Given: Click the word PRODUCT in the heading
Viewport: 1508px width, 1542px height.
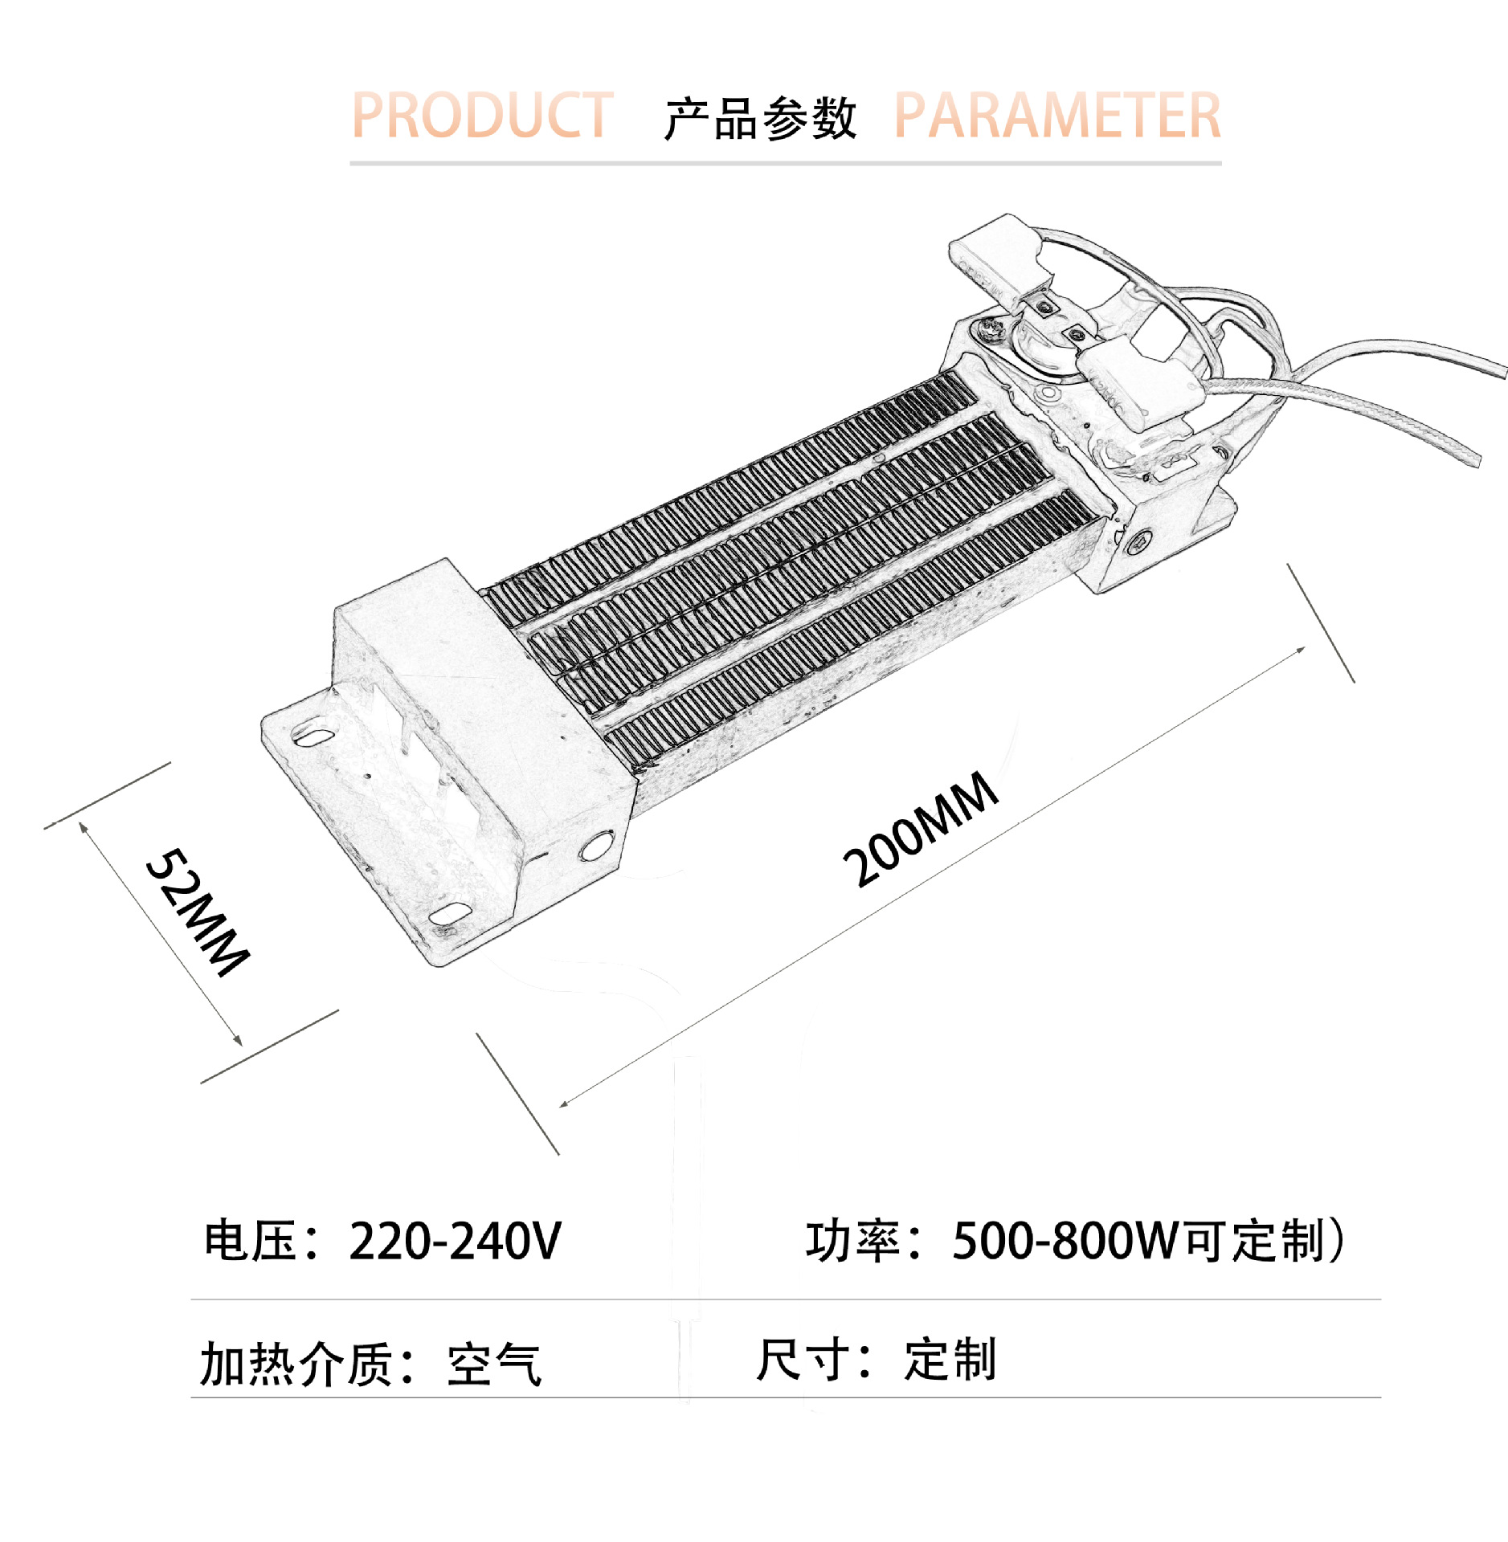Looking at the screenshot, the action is click(482, 116).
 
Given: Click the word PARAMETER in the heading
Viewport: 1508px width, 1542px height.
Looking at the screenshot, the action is click(1056, 116).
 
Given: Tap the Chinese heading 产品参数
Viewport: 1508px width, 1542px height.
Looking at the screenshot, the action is click(759, 119).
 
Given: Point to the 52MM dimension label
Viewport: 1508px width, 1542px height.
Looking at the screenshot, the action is click(198, 912).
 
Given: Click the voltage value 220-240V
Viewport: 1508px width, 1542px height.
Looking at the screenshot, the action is click(455, 1241).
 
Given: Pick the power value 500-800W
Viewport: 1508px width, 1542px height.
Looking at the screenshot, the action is click(1065, 1241).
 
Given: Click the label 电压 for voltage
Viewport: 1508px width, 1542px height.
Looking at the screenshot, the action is click(250, 1241).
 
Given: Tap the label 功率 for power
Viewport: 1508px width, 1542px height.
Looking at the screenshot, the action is click(852, 1241).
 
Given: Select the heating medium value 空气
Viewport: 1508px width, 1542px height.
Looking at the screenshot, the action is click(494, 1365).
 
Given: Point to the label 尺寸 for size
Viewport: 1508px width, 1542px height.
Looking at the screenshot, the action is click(803, 1360).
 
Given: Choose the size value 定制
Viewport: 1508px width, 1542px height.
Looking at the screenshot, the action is click(950, 1360).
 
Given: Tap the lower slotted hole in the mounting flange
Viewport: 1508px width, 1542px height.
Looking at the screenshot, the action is click(449, 914).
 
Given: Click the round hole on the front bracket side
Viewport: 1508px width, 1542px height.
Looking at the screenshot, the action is click(595, 846).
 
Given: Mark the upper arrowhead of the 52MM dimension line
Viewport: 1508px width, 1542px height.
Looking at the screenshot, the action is click(83, 826).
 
